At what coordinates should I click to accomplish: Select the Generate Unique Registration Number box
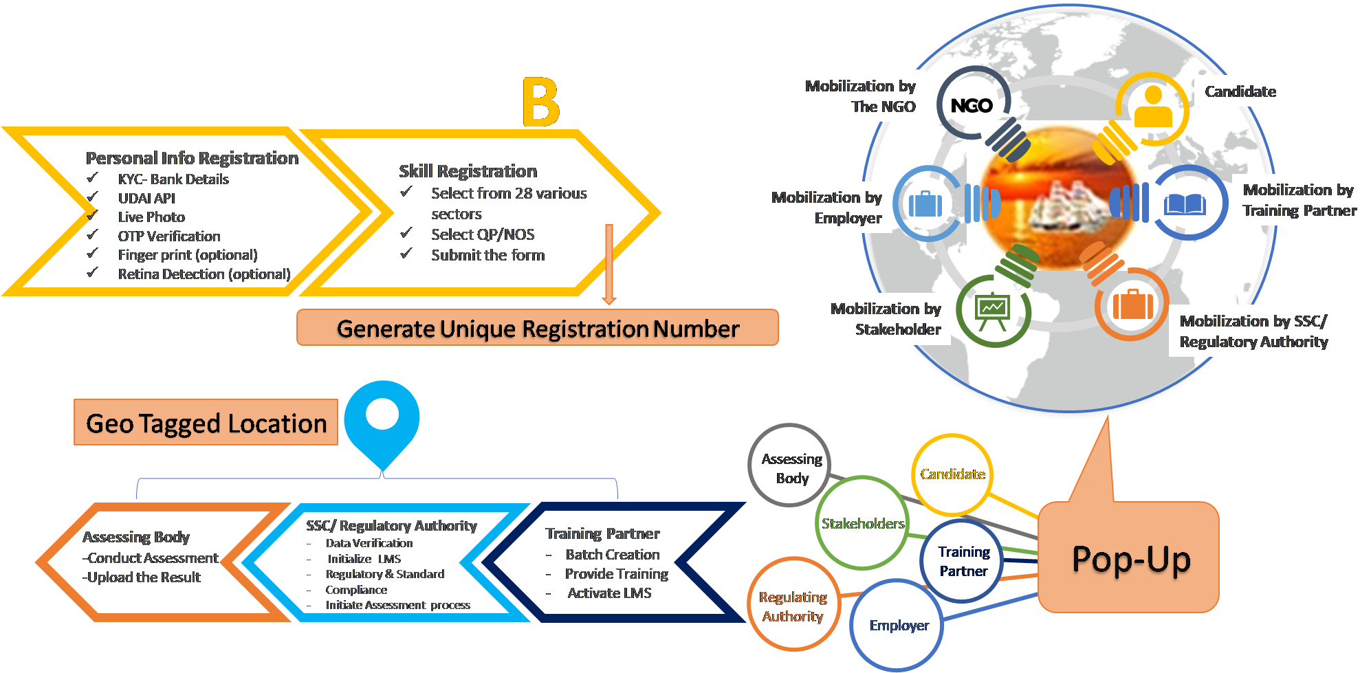pos(537,328)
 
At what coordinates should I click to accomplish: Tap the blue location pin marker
pos(382,419)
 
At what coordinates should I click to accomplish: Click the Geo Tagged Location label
pos(206,423)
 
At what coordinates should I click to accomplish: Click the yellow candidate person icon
pos(1153,107)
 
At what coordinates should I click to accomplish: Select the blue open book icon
pos(1185,204)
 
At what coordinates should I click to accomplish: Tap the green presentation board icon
pos(992,311)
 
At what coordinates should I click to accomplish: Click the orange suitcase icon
pos(1132,303)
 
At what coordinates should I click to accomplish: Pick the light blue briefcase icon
pos(925,204)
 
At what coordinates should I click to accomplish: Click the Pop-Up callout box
pos(1130,558)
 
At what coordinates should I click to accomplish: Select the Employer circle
pos(898,625)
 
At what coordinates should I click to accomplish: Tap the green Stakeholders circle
pos(862,523)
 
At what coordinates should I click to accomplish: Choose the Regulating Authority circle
pos(793,606)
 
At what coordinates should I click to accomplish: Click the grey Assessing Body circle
pos(791,467)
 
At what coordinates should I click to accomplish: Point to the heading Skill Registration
pos(468,171)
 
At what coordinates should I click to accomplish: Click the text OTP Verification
pos(168,236)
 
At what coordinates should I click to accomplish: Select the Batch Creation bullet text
pos(612,554)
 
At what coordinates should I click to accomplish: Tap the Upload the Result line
pos(142,577)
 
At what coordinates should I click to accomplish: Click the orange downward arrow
pos(608,265)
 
